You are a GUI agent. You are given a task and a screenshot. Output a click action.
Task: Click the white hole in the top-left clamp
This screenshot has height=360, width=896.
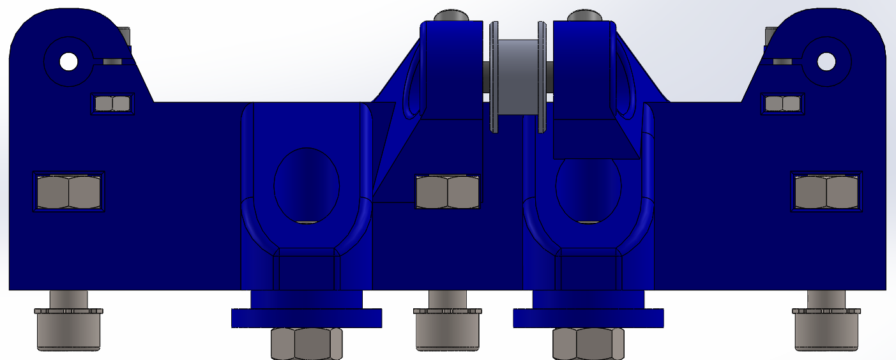tap(68, 62)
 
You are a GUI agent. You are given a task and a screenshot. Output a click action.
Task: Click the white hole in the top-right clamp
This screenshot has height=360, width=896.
tap(826, 62)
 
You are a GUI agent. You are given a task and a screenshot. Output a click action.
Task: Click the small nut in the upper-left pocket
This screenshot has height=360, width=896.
tap(112, 103)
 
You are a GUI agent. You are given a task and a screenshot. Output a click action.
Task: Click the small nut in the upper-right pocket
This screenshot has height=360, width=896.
tap(782, 103)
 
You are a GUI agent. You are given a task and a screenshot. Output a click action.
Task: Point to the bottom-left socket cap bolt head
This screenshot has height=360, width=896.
tap(69, 329)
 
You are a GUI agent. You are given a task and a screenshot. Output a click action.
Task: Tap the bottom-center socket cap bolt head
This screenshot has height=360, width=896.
tap(447, 329)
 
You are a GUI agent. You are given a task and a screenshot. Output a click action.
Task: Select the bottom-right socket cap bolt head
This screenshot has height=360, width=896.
tap(826, 329)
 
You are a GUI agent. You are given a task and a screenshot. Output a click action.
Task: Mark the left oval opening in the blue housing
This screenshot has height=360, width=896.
tap(307, 185)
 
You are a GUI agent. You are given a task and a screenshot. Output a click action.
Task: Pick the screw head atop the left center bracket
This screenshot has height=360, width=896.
tap(451, 15)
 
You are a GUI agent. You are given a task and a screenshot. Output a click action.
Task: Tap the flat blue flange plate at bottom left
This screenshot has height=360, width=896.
tap(306, 318)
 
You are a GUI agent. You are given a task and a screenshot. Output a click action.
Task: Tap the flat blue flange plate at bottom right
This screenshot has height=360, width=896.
tap(588, 318)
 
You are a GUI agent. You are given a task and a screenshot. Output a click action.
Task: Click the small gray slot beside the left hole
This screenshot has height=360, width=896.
tap(112, 62)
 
